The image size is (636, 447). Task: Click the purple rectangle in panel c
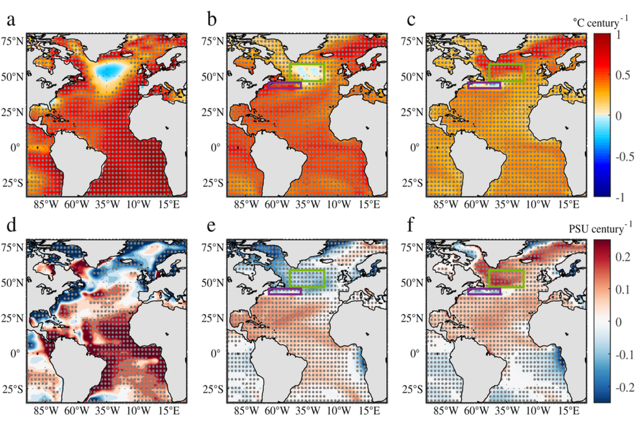point(484,85)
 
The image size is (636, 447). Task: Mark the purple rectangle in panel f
point(484,291)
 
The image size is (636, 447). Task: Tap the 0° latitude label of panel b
point(218,148)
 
